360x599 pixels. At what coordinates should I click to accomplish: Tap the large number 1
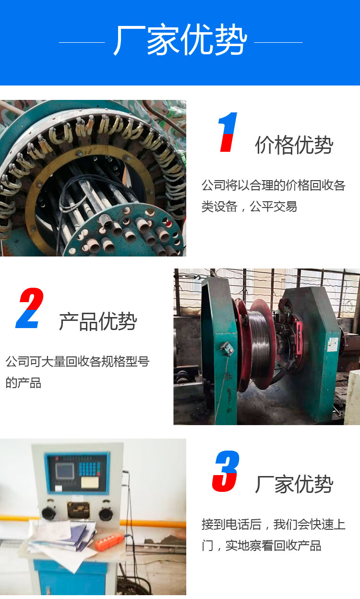(228, 132)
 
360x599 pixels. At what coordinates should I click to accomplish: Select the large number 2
(30, 308)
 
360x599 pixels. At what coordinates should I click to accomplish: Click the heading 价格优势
(294, 145)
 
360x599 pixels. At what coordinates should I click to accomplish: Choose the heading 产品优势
(98, 321)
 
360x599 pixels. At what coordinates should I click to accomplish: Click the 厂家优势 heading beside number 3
(294, 484)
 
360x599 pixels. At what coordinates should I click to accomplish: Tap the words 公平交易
(273, 207)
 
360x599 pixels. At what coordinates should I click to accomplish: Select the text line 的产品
(23, 383)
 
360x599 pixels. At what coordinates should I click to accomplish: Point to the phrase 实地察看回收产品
(273, 546)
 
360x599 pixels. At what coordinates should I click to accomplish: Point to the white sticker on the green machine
(333, 344)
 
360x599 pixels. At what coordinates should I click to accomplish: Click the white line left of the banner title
(82, 42)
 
